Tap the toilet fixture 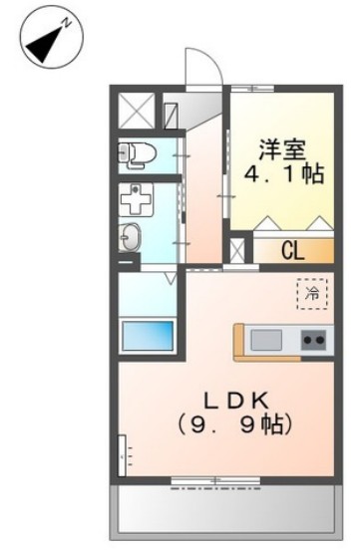point(136,152)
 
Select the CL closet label point(292,249)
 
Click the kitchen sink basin point(266,340)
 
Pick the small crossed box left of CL point(238,249)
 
